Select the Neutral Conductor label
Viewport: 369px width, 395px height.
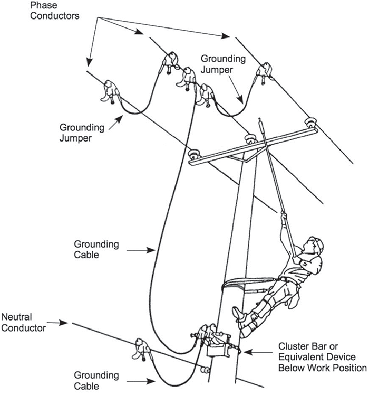23,322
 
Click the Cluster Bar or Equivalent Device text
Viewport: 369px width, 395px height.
322,357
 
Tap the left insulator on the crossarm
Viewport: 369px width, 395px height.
193,154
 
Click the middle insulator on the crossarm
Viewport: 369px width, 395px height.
249,140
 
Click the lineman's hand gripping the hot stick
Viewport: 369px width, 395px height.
284,215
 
